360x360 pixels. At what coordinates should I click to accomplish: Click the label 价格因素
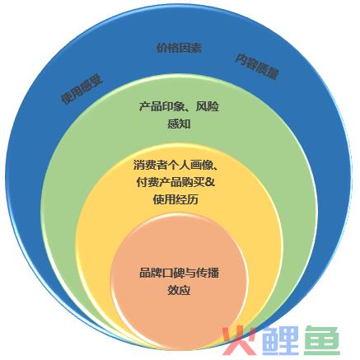click(x=180, y=48)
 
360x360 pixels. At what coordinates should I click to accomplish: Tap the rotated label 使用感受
click(x=82, y=90)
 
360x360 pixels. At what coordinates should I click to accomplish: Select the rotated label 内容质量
click(x=257, y=67)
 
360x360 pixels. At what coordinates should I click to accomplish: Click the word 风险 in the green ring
click(x=208, y=106)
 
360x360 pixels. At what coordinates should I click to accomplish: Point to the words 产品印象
click(x=161, y=106)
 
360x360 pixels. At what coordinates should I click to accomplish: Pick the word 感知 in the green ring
click(x=179, y=124)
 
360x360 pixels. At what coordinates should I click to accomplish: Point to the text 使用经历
click(x=175, y=199)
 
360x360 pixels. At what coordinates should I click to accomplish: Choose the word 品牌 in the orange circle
click(x=151, y=273)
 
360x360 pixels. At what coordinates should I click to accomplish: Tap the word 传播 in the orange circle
click(x=208, y=273)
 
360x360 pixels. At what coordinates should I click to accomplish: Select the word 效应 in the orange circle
click(x=179, y=290)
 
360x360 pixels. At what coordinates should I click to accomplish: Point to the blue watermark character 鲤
click(x=281, y=340)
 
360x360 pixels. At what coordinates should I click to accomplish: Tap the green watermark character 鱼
click(x=324, y=340)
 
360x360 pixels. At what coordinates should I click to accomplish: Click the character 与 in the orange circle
click(x=191, y=273)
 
